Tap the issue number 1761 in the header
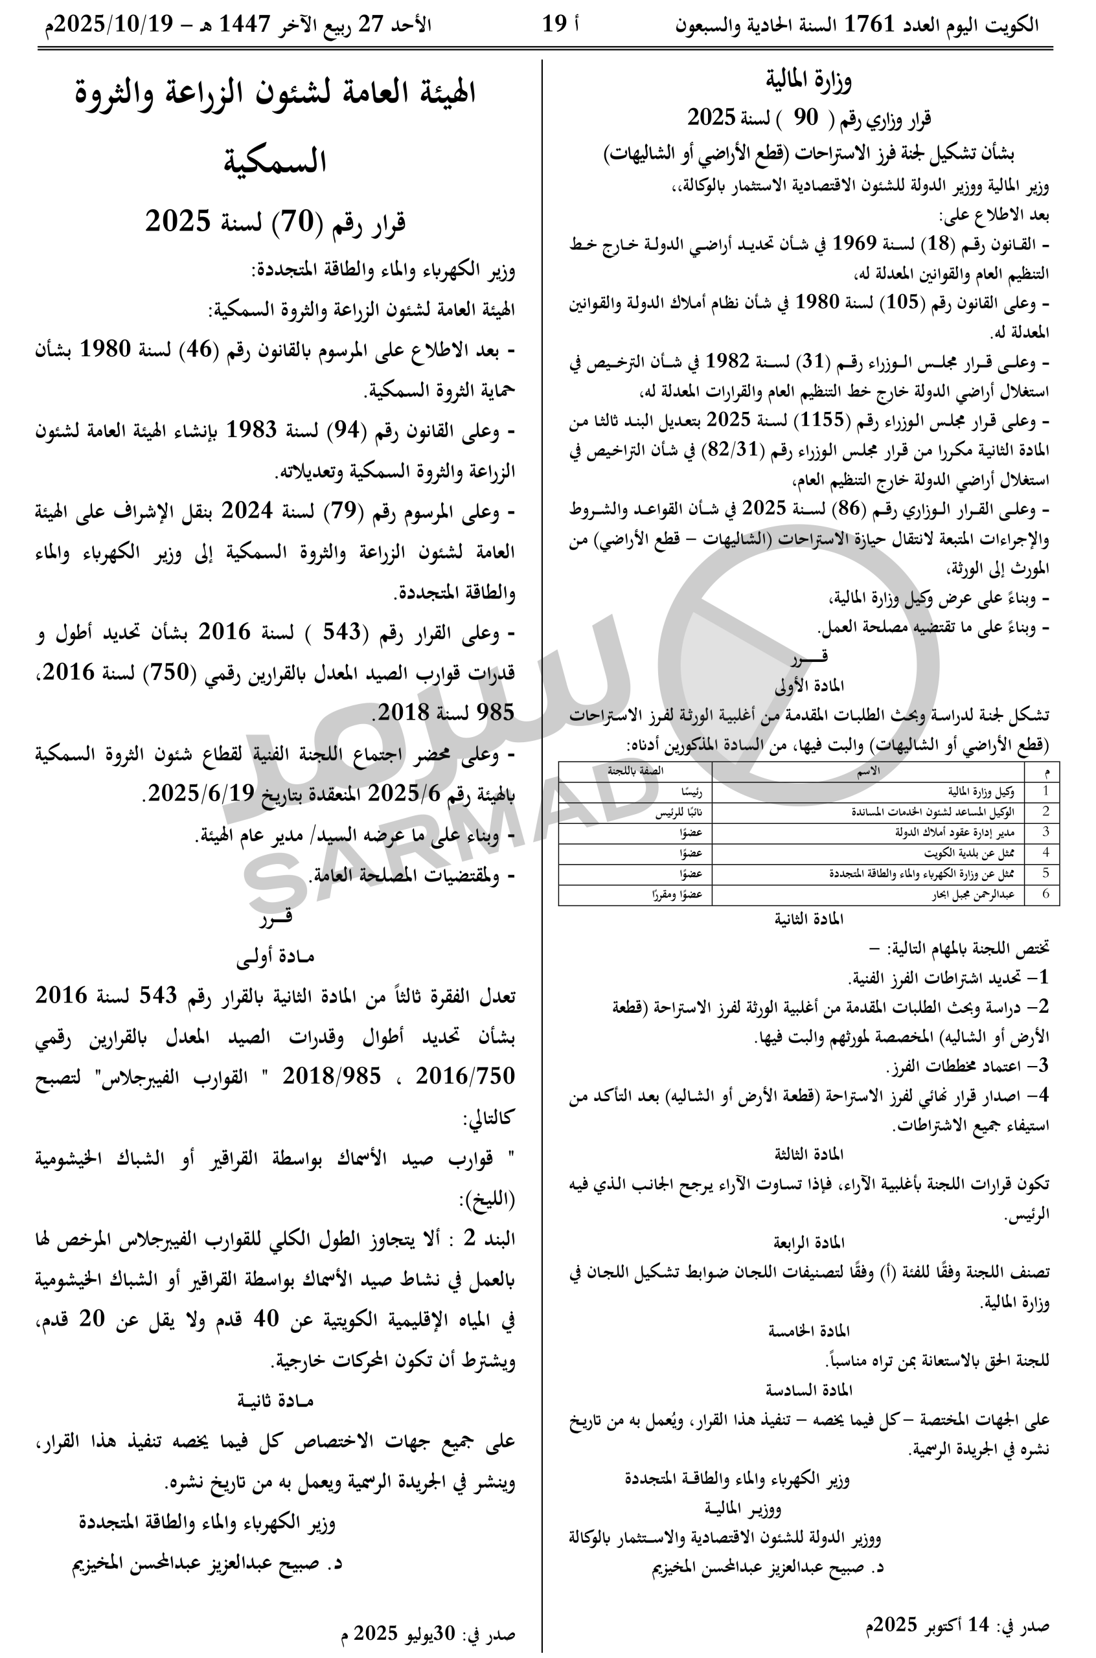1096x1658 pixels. [869, 25]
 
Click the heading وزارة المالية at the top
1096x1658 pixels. [808, 81]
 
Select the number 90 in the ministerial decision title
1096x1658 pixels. [805, 118]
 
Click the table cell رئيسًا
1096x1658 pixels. [692, 791]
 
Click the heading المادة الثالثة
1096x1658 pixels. [808, 1153]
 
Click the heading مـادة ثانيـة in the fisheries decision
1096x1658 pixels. [275, 1401]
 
